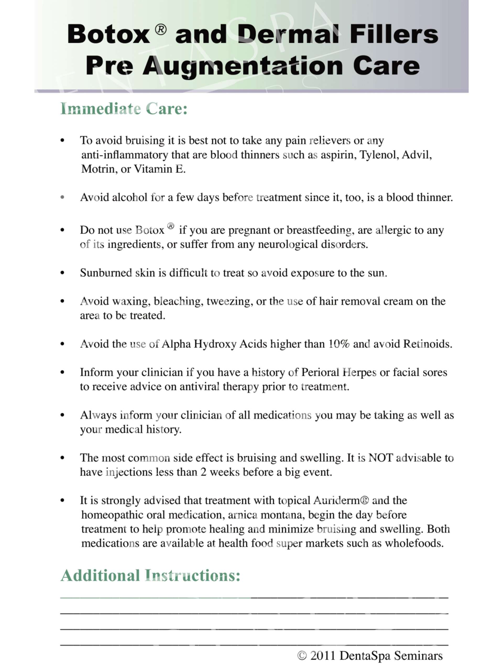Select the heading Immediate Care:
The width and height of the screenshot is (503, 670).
[124, 109]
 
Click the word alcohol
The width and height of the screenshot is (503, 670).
[129, 198]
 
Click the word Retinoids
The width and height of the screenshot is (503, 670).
[428, 344]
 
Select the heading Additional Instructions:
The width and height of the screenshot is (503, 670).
[150, 576]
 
